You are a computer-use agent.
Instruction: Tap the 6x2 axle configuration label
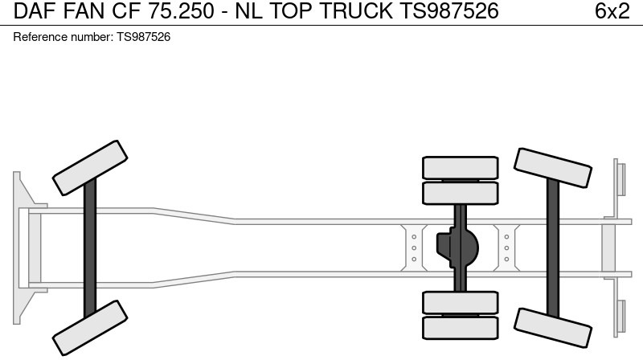click(612, 10)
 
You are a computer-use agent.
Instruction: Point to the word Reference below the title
click(39, 38)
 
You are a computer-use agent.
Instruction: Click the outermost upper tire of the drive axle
click(460, 166)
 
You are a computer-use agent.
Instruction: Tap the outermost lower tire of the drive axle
click(460, 328)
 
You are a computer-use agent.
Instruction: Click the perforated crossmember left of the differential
click(413, 247)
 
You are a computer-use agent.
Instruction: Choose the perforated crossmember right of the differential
click(506, 247)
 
